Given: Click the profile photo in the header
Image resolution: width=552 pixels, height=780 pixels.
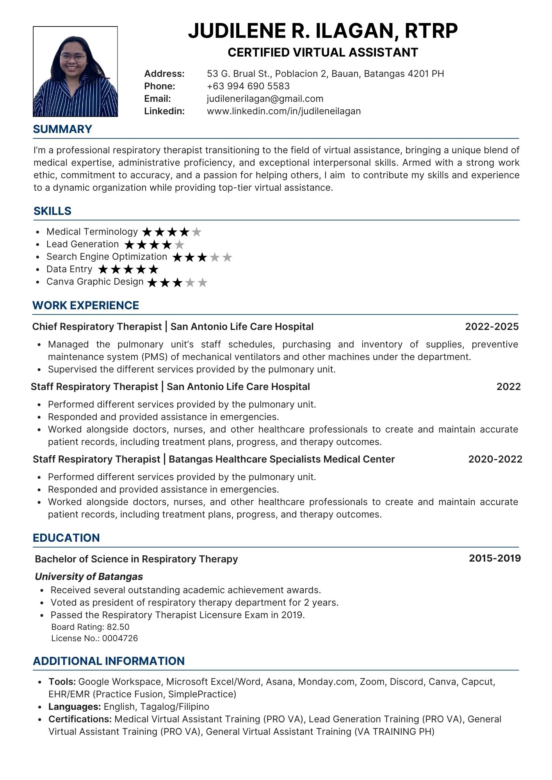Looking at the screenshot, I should tap(75, 71).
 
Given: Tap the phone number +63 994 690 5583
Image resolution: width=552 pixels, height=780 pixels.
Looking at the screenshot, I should tap(248, 86).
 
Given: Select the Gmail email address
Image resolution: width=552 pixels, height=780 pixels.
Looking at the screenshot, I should tap(265, 99).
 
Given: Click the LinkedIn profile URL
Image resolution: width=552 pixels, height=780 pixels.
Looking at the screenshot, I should tap(283, 111).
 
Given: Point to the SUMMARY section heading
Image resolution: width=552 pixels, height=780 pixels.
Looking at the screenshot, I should tap(62, 129).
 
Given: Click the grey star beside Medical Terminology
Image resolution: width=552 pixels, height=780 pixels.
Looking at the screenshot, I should tap(197, 232).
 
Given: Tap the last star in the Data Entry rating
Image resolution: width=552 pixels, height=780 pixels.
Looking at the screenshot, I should tap(154, 269).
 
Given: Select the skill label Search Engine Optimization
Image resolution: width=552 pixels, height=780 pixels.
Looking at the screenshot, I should tap(107, 257).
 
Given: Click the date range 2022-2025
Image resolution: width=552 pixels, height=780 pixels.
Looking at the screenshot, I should tap(491, 326).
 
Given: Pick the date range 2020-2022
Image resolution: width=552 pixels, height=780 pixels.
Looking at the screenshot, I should tap(495, 459).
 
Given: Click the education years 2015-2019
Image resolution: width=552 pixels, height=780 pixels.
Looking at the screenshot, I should tap(495, 558).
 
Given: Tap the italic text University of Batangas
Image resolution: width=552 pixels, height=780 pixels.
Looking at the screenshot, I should tap(89, 576).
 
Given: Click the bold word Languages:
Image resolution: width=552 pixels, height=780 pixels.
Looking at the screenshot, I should tap(75, 706).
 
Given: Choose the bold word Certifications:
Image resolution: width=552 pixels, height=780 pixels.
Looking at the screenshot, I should tap(80, 719).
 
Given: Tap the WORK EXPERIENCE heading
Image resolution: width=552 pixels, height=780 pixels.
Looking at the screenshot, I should tap(85, 305).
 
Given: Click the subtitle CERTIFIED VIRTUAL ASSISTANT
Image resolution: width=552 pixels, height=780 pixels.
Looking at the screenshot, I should tap(323, 52).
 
